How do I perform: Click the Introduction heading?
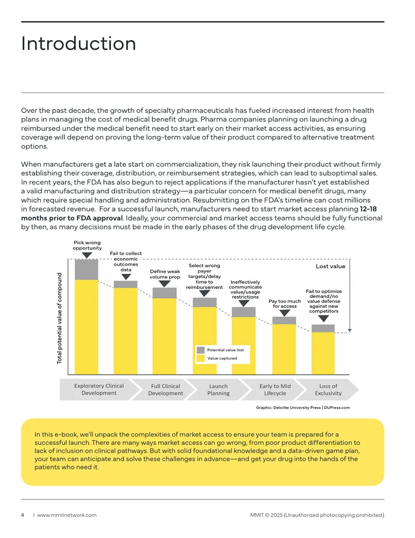tap(78, 44)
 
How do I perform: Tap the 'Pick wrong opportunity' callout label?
tap(87, 245)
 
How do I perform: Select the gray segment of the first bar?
tap(86, 270)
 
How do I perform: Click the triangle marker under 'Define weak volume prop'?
tap(164, 284)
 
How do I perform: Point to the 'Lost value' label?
tap(330, 266)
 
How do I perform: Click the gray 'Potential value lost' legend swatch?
tap(201, 350)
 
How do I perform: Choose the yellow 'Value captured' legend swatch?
tap(201, 358)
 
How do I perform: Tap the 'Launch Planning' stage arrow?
tap(218, 390)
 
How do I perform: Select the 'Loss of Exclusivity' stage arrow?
tap(328, 390)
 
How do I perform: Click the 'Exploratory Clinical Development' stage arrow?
tap(99, 389)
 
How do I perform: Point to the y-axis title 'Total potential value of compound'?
tap(60, 319)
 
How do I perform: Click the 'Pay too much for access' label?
tap(285, 304)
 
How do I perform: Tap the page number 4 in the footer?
tap(23, 515)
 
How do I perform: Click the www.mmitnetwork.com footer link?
tap(67, 515)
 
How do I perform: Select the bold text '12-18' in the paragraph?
tap(368, 209)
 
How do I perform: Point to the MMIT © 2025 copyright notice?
tap(317, 515)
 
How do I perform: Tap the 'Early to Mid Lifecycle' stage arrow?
tap(274, 390)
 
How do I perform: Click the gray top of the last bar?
tap(323, 329)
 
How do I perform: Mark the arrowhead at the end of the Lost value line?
tap(350, 331)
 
